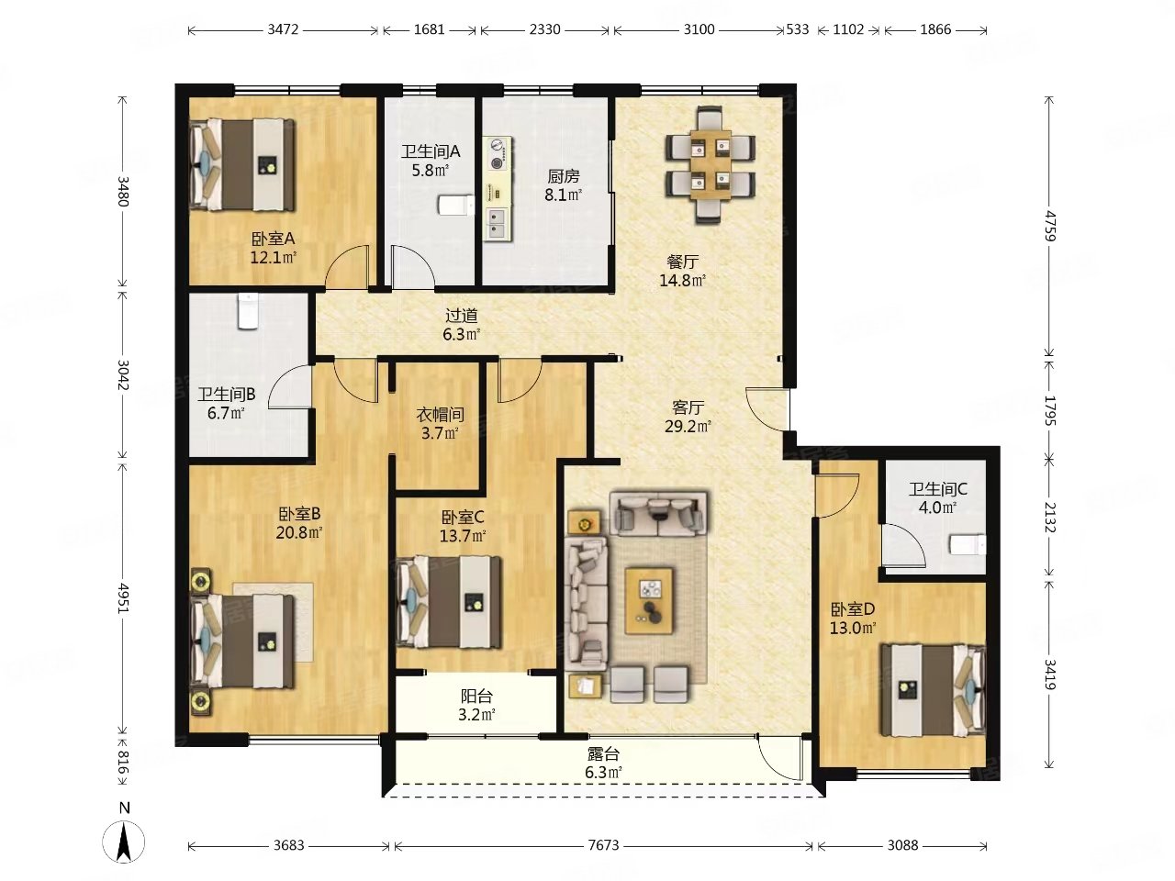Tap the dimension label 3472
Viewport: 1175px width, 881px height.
click(x=283, y=29)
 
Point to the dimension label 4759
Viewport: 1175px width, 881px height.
click(x=1050, y=227)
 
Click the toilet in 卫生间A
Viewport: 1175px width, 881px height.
click(x=456, y=205)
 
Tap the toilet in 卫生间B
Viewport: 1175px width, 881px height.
click(x=248, y=311)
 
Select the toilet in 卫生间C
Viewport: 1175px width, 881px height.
click(x=968, y=545)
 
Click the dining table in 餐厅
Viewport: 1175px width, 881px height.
click(x=711, y=165)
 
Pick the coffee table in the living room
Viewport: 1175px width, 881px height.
click(x=649, y=601)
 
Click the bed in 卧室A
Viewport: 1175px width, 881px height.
click(x=242, y=165)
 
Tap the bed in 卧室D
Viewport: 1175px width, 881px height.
click(x=933, y=689)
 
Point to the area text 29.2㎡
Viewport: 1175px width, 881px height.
click(x=688, y=427)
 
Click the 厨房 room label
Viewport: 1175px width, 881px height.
click(x=563, y=175)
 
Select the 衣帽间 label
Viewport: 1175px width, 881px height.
click(x=440, y=414)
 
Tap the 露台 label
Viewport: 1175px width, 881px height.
click(x=603, y=754)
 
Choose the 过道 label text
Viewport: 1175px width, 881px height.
click(x=461, y=316)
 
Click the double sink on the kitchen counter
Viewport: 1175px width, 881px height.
click(x=498, y=224)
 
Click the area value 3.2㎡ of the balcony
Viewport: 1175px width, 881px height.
click(x=476, y=715)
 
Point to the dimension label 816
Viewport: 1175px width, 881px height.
click(x=123, y=762)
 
